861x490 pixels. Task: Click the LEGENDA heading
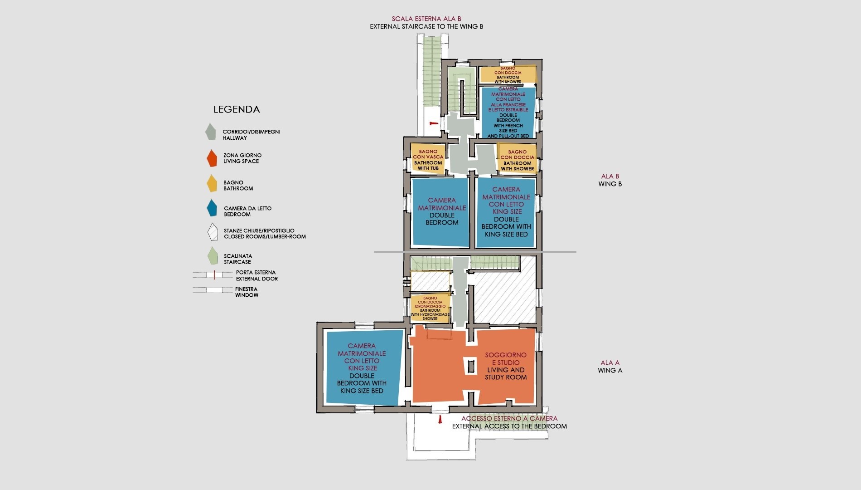click(237, 109)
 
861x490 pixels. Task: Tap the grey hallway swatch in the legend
click(210, 132)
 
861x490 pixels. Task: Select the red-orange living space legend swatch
click(212, 157)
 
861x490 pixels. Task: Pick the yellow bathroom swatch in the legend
click(212, 184)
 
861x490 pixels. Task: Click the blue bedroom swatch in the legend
click(212, 208)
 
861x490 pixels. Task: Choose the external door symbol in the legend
click(213, 275)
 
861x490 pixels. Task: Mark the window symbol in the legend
click(213, 289)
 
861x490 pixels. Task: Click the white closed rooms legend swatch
click(213, 232)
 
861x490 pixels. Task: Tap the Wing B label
click(610, 180)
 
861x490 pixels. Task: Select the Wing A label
click(610, 367)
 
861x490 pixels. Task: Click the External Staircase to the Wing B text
click(426, 26)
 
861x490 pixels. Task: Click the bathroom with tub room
click(428, 157)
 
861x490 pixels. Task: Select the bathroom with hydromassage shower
click(430, 309)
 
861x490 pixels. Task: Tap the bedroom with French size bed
click(508, 113)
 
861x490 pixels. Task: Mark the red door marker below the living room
click(439, 421)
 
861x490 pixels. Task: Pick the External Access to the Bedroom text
click(509, 426)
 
